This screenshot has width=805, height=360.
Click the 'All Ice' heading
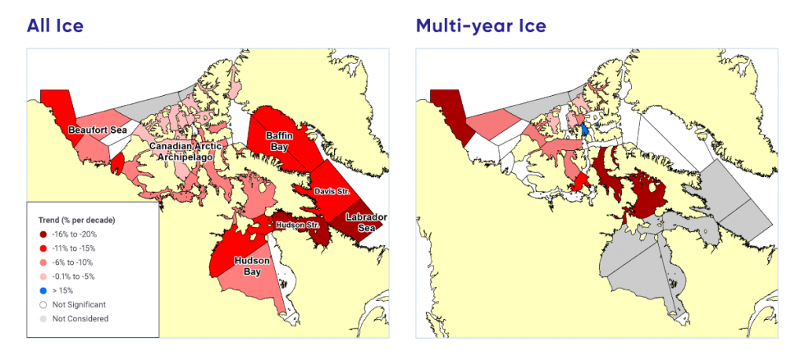coord(55,26)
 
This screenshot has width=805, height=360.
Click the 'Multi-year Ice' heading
coord(481,26)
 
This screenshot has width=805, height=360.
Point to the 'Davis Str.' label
coord(331,191)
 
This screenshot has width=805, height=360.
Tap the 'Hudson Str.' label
coord(296,226)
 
